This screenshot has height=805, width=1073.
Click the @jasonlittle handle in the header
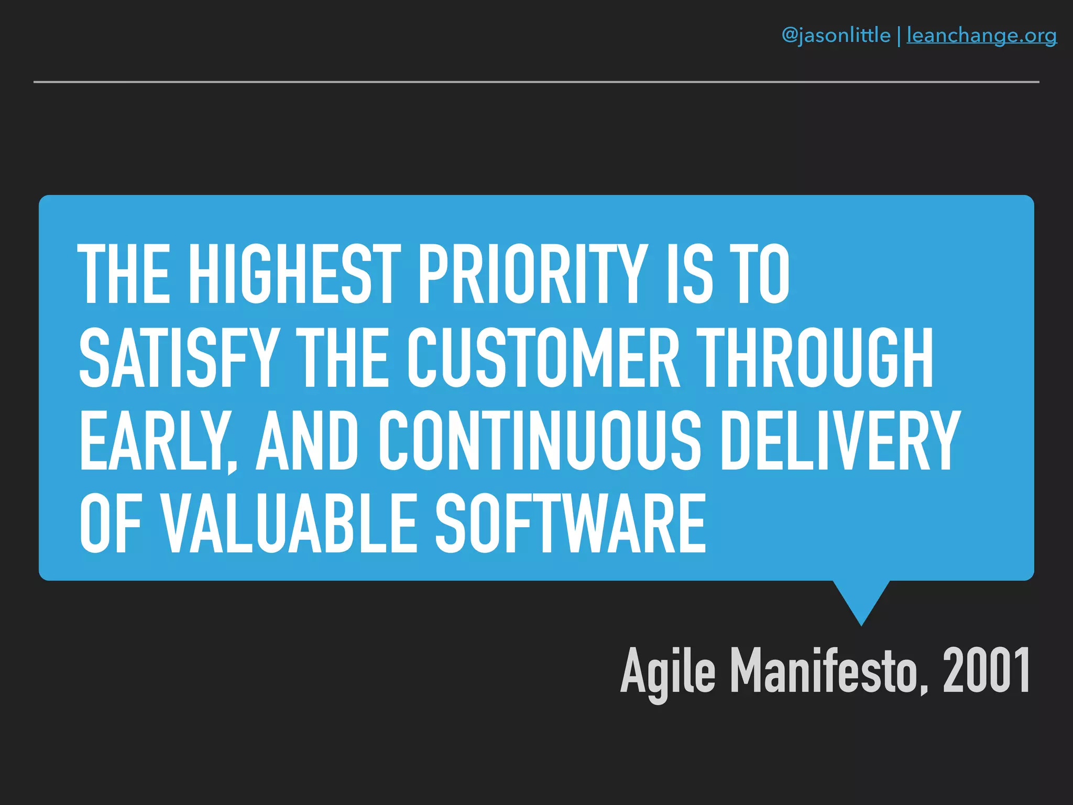pyautogui.click(x=836, y=36)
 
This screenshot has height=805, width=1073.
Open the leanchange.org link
pyautogui.click(x=981, y=36)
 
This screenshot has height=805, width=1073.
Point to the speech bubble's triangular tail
pyautogui.click(x=861, y=600)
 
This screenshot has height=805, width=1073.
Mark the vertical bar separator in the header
pyautogui.click(x=899, y=36)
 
